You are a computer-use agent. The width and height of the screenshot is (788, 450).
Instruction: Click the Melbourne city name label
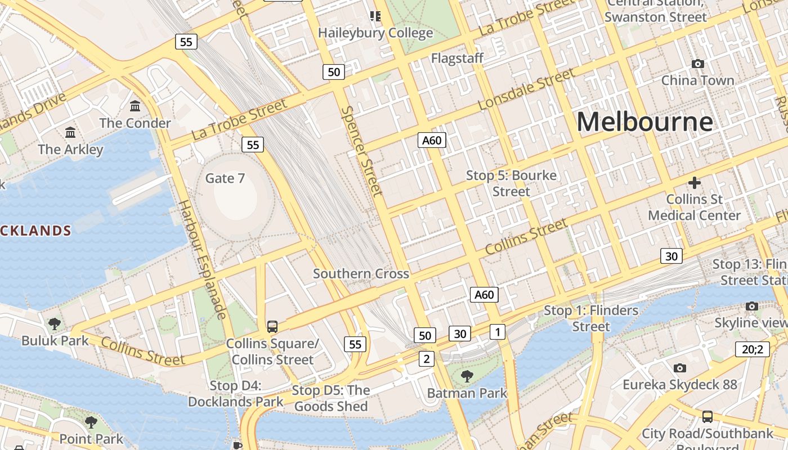pos(644,122)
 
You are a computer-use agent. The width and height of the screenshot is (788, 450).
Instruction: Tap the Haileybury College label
pos(375,33)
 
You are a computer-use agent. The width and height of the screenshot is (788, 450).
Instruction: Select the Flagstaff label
pos(457,58)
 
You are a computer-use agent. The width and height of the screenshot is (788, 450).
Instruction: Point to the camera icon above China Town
pos(698,64)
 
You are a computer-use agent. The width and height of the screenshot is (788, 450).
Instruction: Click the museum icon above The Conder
pos(135,106)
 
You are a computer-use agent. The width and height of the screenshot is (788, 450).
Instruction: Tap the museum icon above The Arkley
pos(70,133)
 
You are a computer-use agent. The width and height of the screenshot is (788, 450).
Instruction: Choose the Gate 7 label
pos(225,178)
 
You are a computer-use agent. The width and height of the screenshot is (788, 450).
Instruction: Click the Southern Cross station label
pos(361,274)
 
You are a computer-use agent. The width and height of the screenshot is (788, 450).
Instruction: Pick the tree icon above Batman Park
pos(467,376)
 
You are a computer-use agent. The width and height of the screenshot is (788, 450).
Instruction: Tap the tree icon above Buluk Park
pos(55,323)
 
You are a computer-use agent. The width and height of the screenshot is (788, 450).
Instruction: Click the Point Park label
pos(91,438)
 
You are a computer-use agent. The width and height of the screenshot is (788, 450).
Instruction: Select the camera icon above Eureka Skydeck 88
pos(680,368)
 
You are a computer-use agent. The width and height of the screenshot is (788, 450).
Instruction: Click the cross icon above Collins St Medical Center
pos(695,183)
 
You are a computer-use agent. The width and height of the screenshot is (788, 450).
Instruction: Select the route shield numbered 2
pos(426,359)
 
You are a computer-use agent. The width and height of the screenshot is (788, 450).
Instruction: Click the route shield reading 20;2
pos(753,349)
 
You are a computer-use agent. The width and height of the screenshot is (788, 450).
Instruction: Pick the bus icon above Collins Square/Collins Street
pos(272,326)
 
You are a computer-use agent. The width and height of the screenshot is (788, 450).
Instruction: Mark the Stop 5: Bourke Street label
pos(511,183)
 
